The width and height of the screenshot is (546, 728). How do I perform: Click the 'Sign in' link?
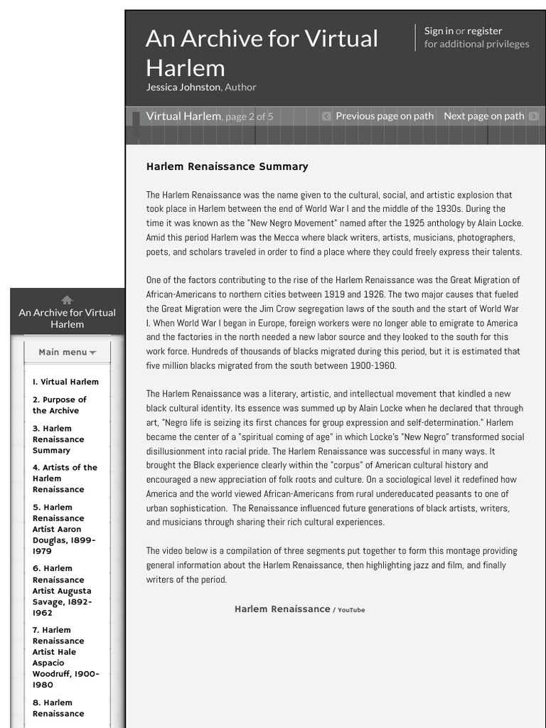click(x=438, y=31)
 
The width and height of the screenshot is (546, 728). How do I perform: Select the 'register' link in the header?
click(x=484, y=31)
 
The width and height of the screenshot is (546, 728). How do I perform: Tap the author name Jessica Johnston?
click(x=183, y=87)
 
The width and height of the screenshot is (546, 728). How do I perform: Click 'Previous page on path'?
click(x=384, y=116)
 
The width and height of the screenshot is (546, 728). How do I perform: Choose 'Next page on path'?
click(x=483, y=116)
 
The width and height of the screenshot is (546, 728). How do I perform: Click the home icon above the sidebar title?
click(x=67, y=299)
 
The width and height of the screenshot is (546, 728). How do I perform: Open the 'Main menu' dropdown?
click(x=67, y=352)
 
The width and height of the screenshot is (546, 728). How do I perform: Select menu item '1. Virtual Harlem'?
click(x=65, y=382)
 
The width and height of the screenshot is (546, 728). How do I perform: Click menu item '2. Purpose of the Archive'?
click(x=59, y=405)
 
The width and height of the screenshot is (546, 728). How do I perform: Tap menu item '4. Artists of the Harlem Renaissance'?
click(x=64, y=478)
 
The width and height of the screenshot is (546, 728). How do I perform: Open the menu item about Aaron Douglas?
click(x=63, y=529)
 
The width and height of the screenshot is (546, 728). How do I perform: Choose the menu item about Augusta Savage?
click(x=61, y=590)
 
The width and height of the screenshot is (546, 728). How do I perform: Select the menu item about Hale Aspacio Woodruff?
click(x=65, y=657)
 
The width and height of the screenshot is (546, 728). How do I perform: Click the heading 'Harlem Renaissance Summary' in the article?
click(x=227, y=166)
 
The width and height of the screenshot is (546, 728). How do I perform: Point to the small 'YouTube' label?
click(x=350, y=610)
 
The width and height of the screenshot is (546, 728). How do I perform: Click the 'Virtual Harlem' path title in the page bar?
click(x=183, y=116)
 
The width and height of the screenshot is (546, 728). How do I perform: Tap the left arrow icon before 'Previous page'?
click(x=326, y=116)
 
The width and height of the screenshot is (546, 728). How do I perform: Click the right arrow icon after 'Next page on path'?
click(x=534, y=116)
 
